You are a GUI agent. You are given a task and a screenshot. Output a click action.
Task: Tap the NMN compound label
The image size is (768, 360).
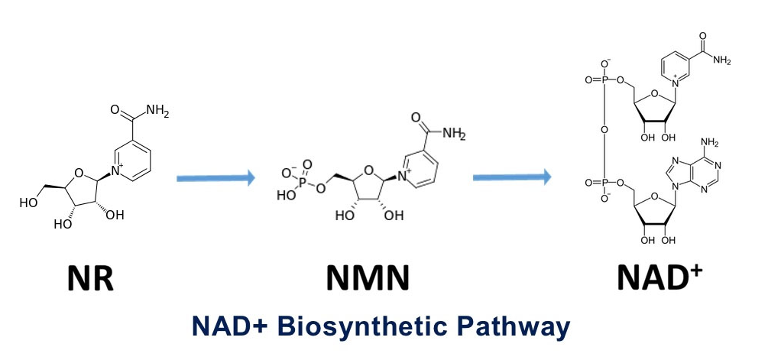click(x=367, y=279)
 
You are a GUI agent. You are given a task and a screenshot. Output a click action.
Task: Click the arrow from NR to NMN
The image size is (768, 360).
click(x=215, y=178)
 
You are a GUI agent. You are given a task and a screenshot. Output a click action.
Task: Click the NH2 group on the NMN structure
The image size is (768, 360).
click(x=452, y=135)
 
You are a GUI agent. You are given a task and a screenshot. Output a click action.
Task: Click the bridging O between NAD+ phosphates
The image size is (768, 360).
click(x=604, y=130)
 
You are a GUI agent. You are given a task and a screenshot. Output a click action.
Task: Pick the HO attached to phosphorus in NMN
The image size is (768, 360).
click(x=286, y=195)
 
